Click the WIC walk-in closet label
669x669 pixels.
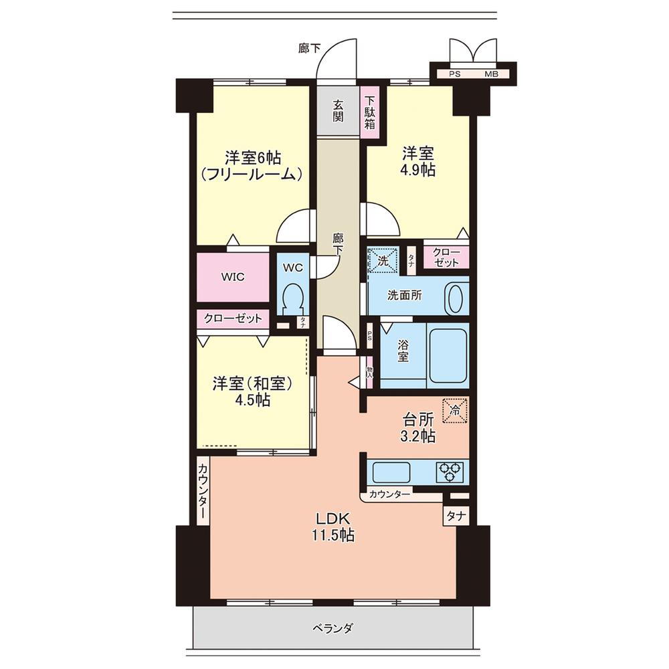click(x=233, y=276)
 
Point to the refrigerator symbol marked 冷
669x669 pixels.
click(x=455, y=411)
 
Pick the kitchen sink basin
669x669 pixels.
click(x=391, y=472)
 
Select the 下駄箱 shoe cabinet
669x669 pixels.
click(x=369, y=112)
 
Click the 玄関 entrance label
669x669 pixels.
click(x=338, y=111)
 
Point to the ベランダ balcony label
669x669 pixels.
click(x=332, y=628)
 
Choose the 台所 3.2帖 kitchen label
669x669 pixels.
click(x=418, y=428)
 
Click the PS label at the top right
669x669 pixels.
click(x=455, y=74)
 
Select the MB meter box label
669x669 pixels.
click(x=491, y=74)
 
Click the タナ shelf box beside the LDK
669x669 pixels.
click(x=456, y=516)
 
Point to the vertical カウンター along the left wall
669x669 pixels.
click(x=203, y=490)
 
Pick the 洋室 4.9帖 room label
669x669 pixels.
click(x=418, y=161)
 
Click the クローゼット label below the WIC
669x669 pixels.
click(x=233, y=318)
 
